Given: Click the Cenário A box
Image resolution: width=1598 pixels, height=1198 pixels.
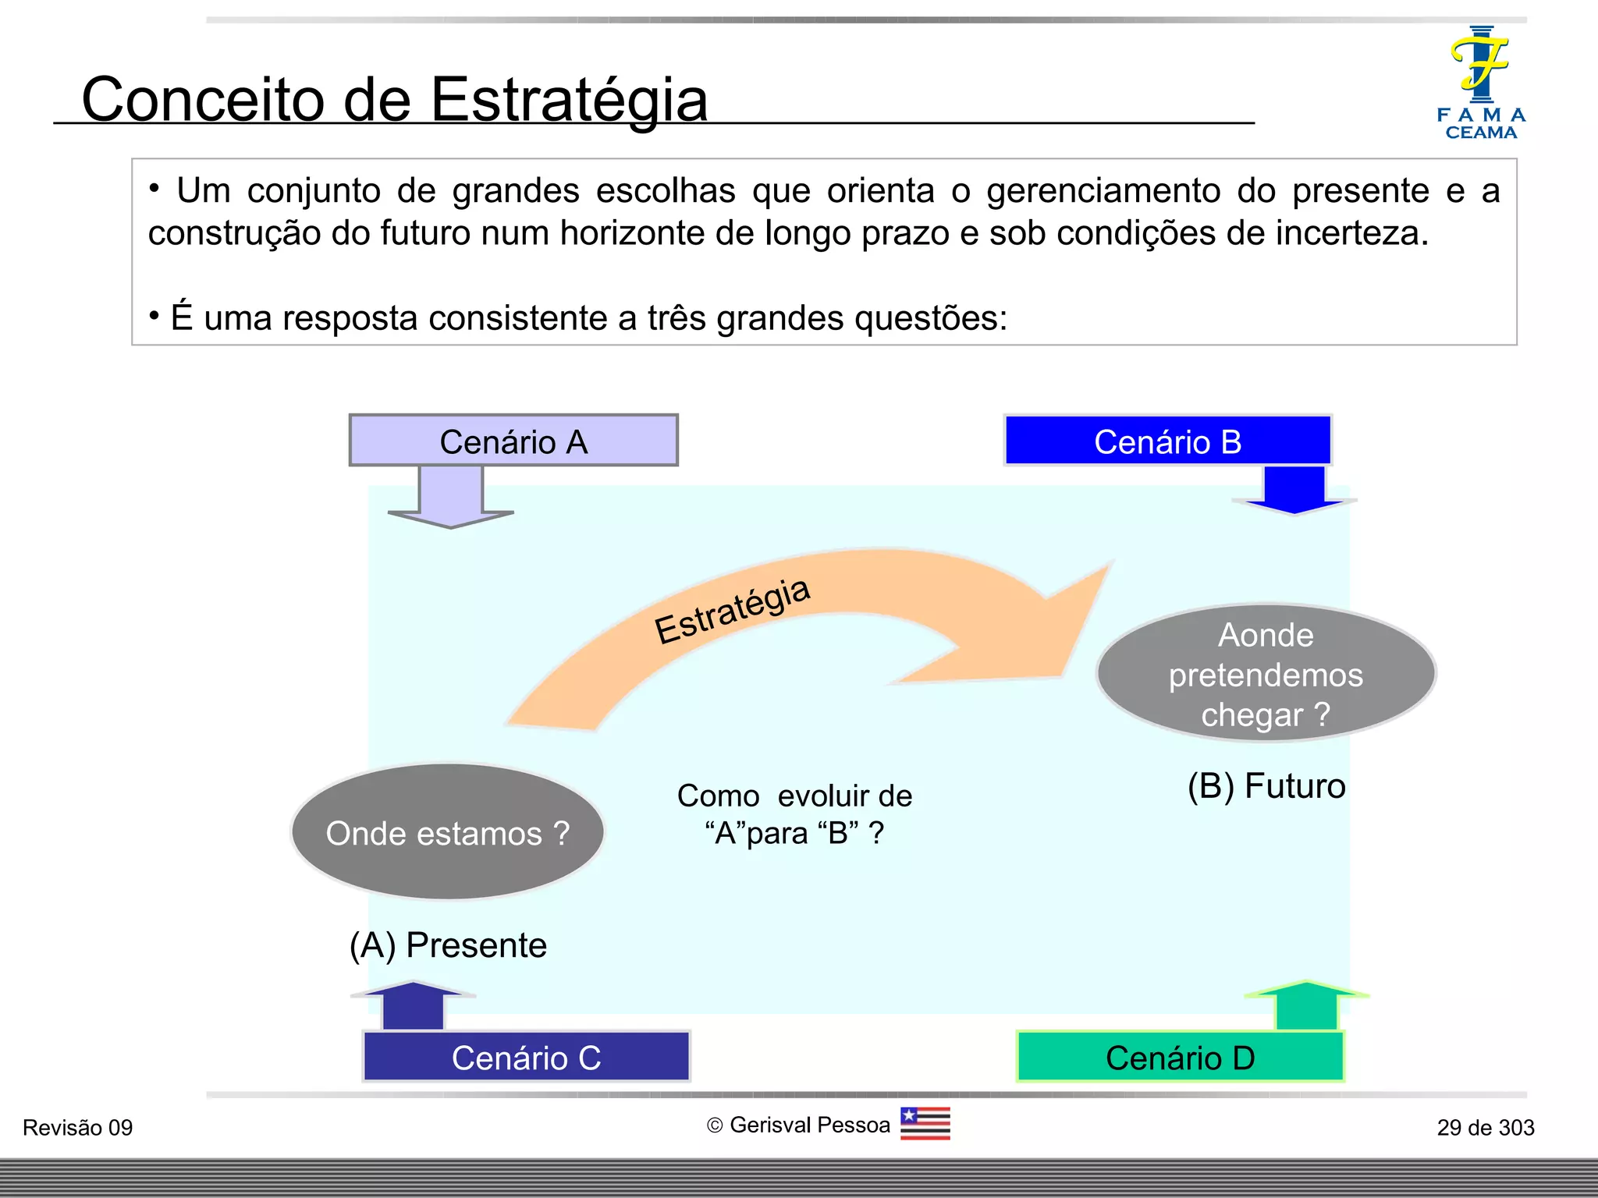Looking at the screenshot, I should [x=513, y=441].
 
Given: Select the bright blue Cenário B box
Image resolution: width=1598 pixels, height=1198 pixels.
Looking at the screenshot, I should [x=1167, y=441].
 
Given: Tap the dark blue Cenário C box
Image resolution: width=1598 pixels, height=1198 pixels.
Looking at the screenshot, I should [x=526, y=1057].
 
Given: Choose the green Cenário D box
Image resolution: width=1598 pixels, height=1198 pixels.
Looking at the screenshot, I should [x=1180, y=1057].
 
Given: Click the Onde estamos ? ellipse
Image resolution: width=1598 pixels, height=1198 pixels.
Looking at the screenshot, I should [x=447, y=832].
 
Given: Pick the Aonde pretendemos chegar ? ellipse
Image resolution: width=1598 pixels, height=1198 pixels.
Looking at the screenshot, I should [x=1266, y=674].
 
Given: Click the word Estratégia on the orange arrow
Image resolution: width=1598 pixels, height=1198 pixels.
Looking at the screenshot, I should [x=732, y=612].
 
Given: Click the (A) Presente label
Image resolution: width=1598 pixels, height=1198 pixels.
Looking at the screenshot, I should [x=448, y=945].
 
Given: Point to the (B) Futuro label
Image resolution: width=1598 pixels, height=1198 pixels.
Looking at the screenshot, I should [x=1266, y=786].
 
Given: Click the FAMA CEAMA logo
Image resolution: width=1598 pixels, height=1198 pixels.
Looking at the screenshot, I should [x=1480, y=83].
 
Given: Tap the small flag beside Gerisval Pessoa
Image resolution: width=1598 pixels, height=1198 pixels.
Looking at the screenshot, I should [x=925, y=1124].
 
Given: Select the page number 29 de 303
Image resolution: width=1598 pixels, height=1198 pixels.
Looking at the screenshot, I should [x=1485, y=1128].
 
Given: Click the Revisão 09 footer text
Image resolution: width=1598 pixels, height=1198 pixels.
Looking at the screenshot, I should [x=77, y=1128].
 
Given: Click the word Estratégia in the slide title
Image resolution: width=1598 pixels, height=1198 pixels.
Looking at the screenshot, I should [x=569, y=100].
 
